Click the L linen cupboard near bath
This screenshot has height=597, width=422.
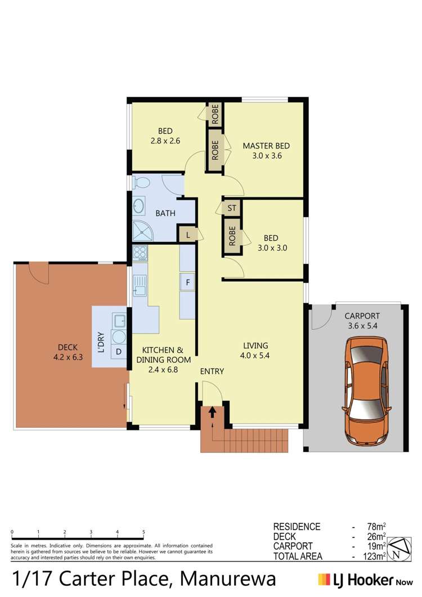click(x=187, y=234)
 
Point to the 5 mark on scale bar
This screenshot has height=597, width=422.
click(x=143, y=532)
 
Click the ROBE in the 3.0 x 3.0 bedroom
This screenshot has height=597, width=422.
click(x=231, y=236)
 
